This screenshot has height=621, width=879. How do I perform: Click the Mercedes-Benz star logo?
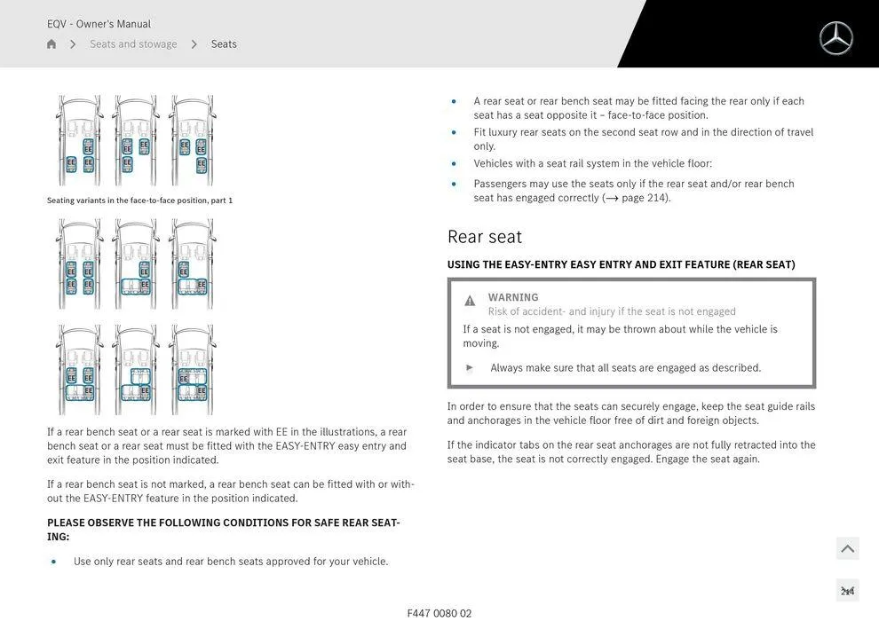click(x=835, y=38)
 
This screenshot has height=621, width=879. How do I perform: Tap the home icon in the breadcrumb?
click(x=51, y=44)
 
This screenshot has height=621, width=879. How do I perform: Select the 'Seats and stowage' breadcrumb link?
click(x=133, y=44)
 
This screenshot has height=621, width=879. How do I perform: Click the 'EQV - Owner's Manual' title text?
click(x=99, y=24)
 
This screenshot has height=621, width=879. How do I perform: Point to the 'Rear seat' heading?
click(x=485, y=237)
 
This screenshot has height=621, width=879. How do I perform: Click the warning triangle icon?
click(x=470, y=301)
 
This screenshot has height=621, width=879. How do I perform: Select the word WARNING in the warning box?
click(x=513, y=297)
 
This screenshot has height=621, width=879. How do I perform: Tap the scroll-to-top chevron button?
click(x=847, y=549)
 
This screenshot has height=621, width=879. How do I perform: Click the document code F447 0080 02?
click(x=439, y=613)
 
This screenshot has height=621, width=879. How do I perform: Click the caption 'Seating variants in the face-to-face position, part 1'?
click(x=139, y=200)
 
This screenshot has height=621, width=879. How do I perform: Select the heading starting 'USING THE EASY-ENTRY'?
click(x=621, y=264)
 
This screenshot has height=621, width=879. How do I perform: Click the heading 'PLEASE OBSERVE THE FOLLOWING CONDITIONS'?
click(x=223, y=530)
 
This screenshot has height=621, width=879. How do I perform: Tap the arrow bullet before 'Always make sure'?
click(x=470, y=367)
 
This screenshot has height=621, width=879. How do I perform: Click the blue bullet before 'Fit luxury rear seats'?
click(x=454, y=133)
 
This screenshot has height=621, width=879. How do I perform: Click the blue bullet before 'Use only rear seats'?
click(x=53, y=562)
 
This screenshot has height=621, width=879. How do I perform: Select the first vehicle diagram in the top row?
click(x=79, y=140)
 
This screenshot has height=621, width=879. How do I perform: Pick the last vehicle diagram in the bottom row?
click(x=192, y=369)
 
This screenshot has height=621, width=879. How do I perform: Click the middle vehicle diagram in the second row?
click(x=136, y=263)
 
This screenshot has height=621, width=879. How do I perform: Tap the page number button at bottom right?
click(x=847, y=591)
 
